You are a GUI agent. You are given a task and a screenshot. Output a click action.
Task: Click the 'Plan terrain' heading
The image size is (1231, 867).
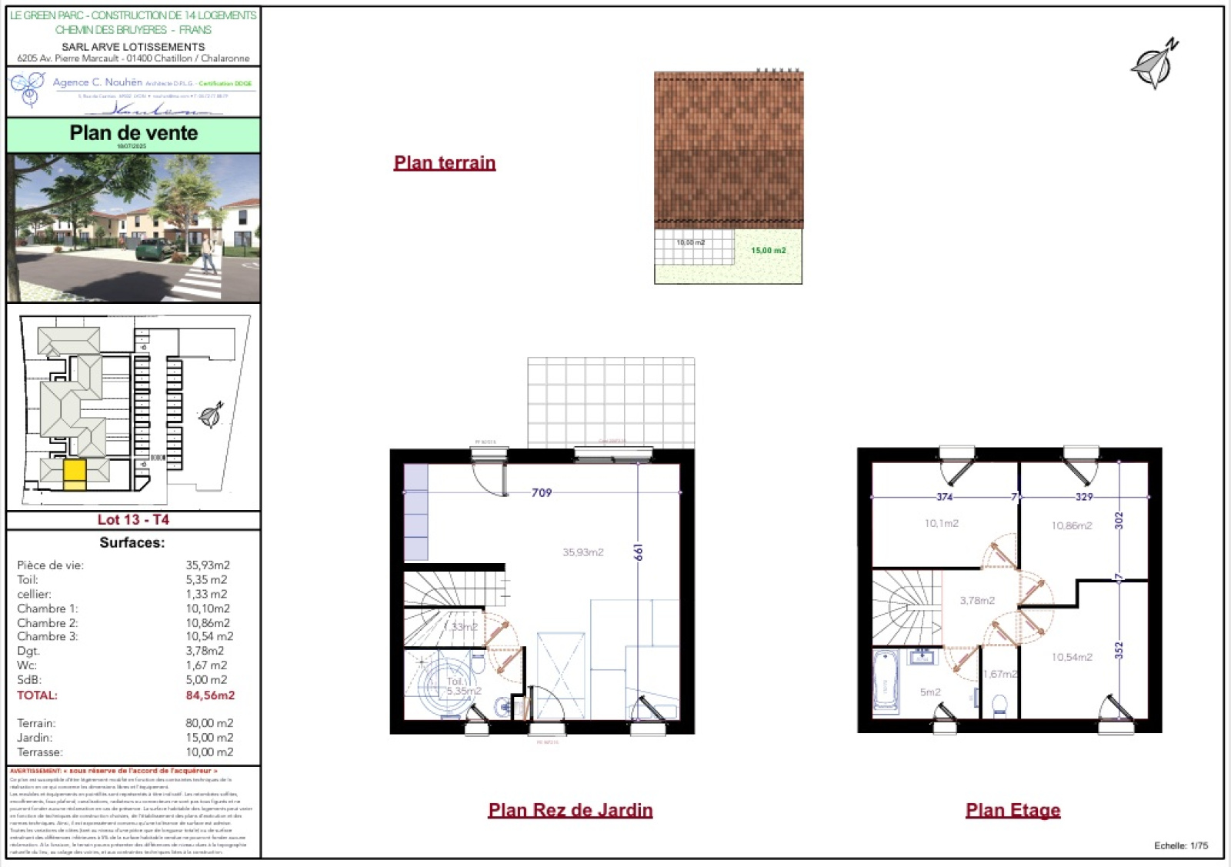444,163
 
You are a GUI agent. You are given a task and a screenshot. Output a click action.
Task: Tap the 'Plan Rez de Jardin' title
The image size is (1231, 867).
570,810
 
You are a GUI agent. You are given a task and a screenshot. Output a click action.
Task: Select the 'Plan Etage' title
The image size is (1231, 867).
1012,810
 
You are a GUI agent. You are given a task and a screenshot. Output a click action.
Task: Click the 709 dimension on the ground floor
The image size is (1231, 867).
542,492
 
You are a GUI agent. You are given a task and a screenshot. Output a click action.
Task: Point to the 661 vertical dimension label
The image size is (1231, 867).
638,552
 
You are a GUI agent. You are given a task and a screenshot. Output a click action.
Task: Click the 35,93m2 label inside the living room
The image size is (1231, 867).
582,552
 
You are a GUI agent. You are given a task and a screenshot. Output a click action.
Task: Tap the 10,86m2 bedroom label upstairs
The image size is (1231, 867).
1071,526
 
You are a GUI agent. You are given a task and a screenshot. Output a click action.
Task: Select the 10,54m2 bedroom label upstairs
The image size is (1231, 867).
1071,657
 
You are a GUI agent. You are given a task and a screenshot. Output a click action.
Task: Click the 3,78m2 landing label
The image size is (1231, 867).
976,601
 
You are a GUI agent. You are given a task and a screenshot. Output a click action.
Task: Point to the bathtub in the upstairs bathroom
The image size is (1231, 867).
886,682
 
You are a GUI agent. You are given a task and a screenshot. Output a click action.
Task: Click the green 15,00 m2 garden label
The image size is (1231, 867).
768,251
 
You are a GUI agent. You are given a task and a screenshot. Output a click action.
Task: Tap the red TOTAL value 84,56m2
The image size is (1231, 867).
210,695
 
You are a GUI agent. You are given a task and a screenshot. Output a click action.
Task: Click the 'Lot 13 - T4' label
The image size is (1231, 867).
133,520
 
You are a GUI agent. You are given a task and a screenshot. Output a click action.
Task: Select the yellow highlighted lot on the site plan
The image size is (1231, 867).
75,473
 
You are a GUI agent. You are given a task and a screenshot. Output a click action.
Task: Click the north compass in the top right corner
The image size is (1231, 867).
1154,65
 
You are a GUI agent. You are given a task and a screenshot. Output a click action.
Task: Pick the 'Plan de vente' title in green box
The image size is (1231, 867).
134,133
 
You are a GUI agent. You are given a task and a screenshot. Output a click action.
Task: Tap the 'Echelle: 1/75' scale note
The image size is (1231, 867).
1180,845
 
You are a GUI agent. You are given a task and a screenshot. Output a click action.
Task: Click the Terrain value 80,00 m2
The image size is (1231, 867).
209,723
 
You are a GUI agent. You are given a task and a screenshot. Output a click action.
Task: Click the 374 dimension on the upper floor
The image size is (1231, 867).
944,497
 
